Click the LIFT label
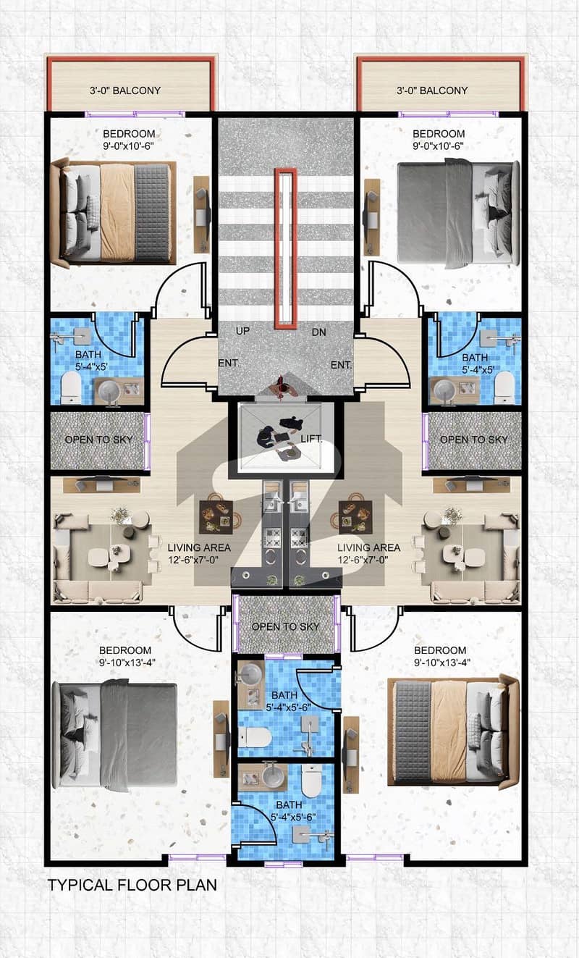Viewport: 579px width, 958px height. click(x=311, y=438)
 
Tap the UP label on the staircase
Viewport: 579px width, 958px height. click(x=242, y=331)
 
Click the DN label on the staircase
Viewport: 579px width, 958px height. click(x=318, y=332)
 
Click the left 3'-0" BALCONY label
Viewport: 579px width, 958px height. click(x=125, y=91)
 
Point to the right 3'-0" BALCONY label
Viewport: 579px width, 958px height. click(x=432, y=91)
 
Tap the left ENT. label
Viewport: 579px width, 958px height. click(x=229, y=363)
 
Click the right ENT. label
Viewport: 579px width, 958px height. click(x=341, y=365)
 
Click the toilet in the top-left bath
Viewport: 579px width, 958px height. click(x=71, y=387)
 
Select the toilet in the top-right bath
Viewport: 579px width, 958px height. click(x=504, y=387)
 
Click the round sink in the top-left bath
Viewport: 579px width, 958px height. click(x=109, y=390)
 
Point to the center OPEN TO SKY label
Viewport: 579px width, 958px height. click(x=286, y=626)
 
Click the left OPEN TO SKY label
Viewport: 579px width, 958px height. click(x=98, y=440)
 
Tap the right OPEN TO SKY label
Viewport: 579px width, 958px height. click(x=474, y=440)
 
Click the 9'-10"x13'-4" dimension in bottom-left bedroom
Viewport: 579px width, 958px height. click(x=127, y=663)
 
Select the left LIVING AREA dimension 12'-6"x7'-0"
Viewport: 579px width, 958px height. click(x=193, y=560)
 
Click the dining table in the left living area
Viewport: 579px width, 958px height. click(x=216, y=517)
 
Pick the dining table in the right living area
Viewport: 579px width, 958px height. click(x=355, y=517)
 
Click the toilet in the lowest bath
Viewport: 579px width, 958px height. click(x=312, y=781)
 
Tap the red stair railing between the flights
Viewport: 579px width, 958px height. click(x=286, y=248)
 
